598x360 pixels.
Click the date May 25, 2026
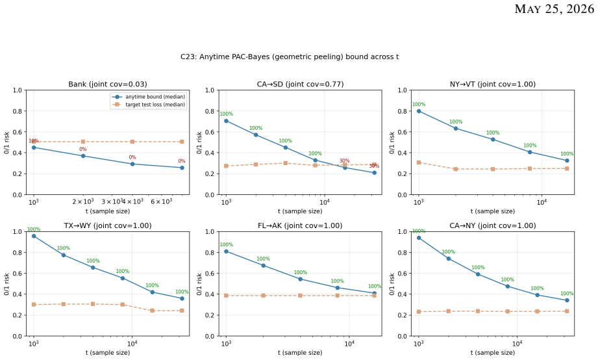[554, 9]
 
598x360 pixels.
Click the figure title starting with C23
[290, 57]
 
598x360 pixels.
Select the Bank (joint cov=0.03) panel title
[108, 84]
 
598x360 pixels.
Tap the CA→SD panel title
[300, 84]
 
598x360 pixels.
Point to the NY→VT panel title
[493, 84]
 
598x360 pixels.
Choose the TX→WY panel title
[108, 225]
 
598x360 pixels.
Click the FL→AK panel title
[300, 225]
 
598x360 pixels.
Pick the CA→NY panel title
[493, 225]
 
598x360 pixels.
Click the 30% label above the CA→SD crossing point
[344, 161]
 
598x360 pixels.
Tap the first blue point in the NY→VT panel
[419, 111]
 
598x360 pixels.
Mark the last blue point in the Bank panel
[182, 168]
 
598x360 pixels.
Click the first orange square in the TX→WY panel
[34, 305]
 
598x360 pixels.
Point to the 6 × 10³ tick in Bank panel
[161, 201]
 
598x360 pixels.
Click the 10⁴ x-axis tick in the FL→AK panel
[349, 343]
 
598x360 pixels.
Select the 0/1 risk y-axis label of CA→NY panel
[392, 284]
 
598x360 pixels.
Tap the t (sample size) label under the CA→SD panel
[300, 211]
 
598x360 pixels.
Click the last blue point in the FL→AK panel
[374, 293]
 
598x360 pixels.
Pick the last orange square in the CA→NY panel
[567, 311]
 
